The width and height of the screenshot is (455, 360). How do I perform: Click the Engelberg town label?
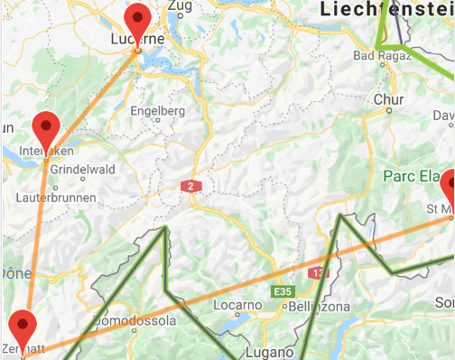(x=158, y=111)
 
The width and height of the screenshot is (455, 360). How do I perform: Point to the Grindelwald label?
(x=81, y=170)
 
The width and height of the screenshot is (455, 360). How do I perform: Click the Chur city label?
(x=388, y=99)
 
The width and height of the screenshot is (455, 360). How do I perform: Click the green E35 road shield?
(x=283, y=291)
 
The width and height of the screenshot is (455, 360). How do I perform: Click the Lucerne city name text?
(x=137, y=40)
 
